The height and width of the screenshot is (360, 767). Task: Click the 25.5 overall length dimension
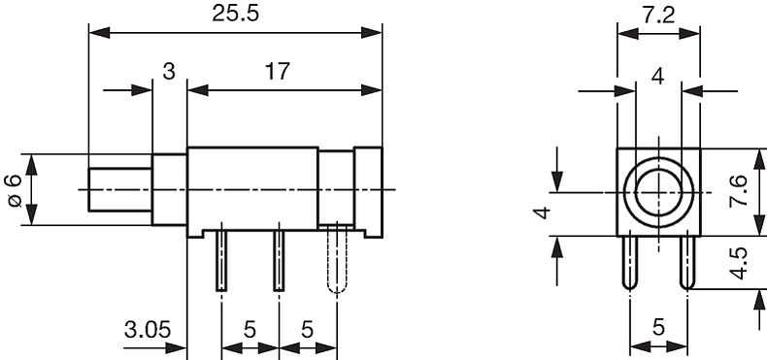[x=234, y=15]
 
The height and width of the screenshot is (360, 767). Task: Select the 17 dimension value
[x=278, y=72]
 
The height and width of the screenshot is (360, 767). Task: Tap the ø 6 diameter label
[x=14, y=189]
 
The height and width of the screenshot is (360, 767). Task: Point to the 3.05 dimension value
[x=148, y=330]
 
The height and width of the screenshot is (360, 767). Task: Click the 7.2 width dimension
[x=658, y=16]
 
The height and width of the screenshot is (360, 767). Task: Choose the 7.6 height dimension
[x=739, y=191]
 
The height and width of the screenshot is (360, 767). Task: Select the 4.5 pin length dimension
[x=739, y=263]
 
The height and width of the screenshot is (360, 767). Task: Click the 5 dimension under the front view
[x=658, y=327]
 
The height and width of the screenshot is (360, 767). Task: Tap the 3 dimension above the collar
[x=168, y=72]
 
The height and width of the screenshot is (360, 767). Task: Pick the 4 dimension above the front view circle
[x=658, y=77]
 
